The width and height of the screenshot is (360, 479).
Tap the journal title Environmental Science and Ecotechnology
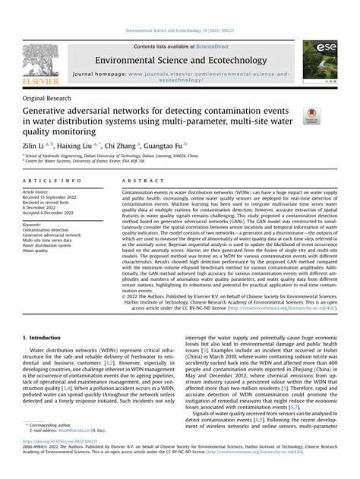point(179,61)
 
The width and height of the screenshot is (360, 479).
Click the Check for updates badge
point(311,116)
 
